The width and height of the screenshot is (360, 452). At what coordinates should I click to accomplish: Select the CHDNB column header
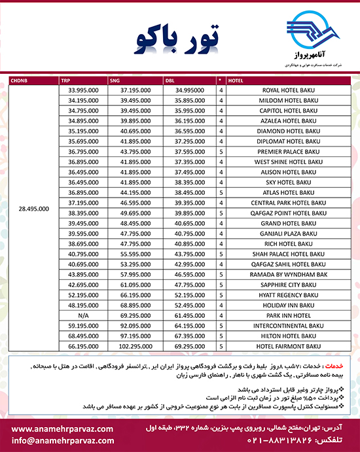pyautogui.click(x=20, y=81)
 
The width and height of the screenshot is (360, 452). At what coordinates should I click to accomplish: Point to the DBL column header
pyautogui.click(x=171, y=81)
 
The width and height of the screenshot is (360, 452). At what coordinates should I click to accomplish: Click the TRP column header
pyautogui.click(x=65, y=81)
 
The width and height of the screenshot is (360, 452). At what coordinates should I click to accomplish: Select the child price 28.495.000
pyautogui.click(x=31, y=209)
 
